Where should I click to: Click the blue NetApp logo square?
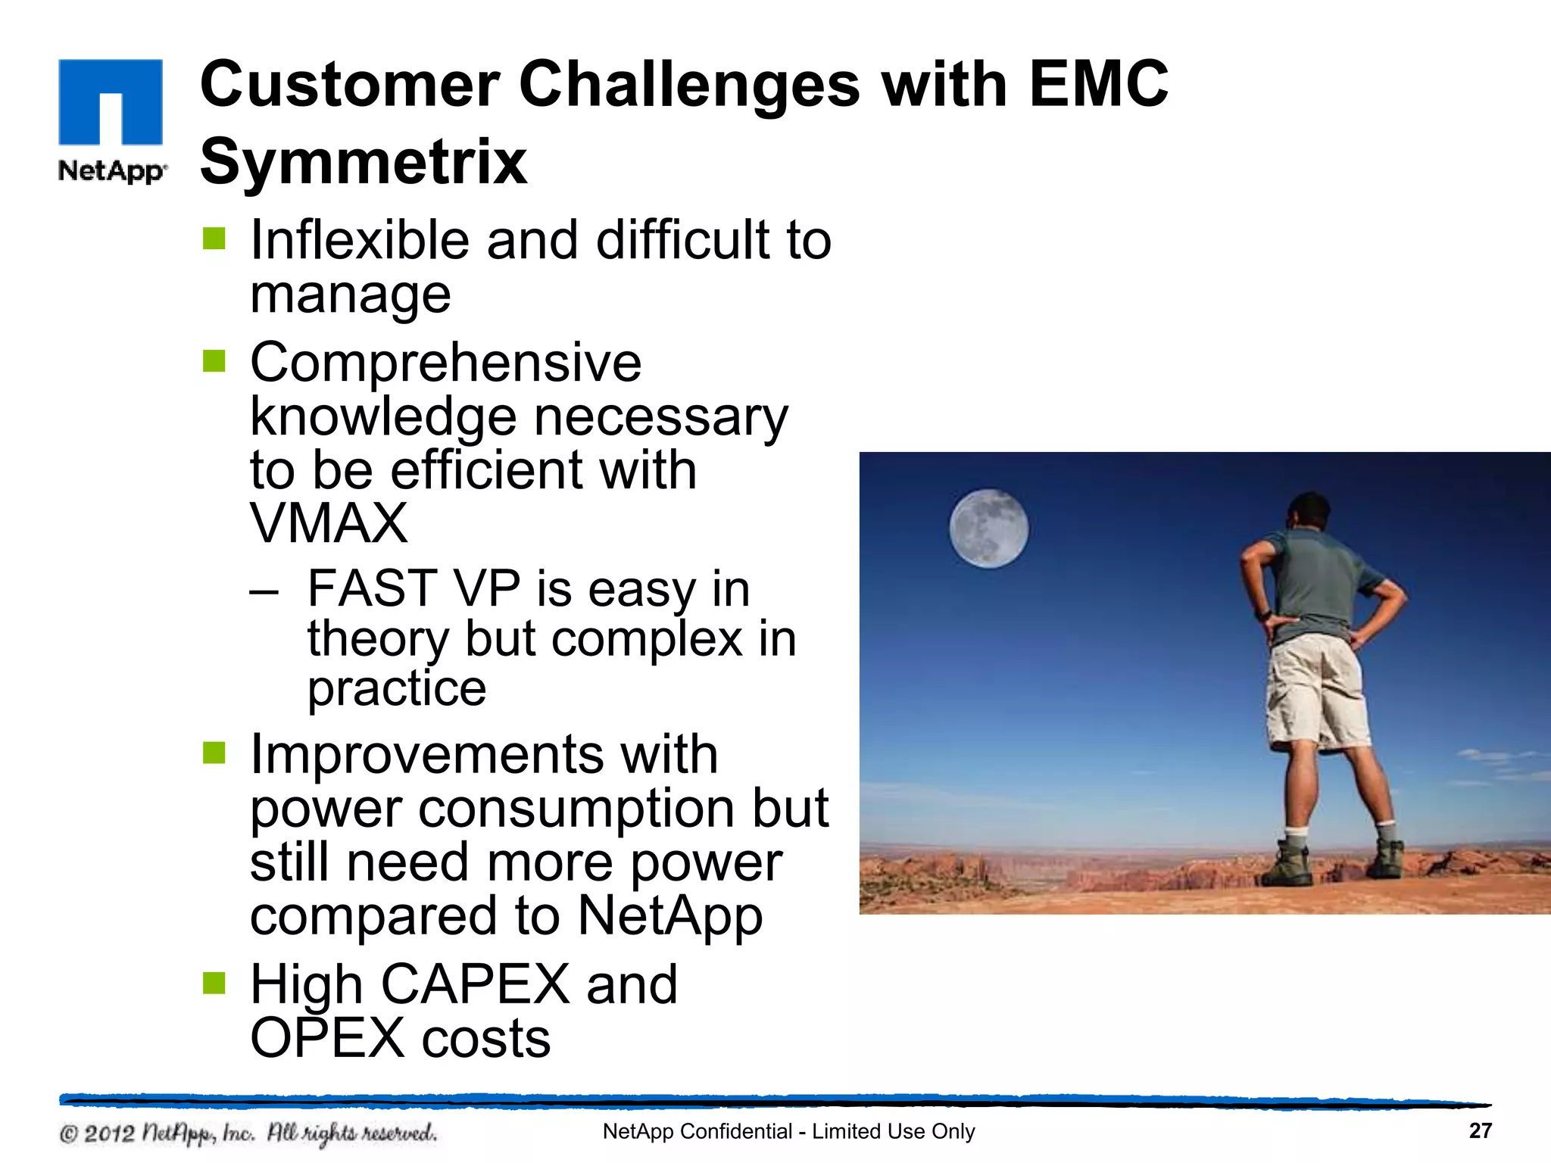click(x=111, y=101)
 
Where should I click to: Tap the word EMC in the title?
click(x=1098, y=83)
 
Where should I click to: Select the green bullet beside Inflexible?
click(x=214, y=239)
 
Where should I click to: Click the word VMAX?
click(x=329, y=523)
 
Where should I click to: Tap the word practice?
click(x=396, y=689)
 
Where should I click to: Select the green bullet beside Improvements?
click(x=214, y=753)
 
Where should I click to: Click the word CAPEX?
click(x=475, y=984)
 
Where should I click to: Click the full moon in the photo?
click(x=989, y=528)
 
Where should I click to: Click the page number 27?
click(x=1480, y=1130)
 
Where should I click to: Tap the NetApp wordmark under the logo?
click(x=111, y=171)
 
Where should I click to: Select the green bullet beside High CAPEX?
click(x=214, y=984)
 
